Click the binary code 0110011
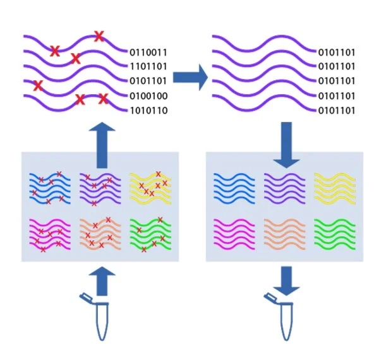[148, 52]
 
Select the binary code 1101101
[148, 66]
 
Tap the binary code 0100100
[148, 96]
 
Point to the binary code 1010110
[148, 111]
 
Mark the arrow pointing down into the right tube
[286, 280]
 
